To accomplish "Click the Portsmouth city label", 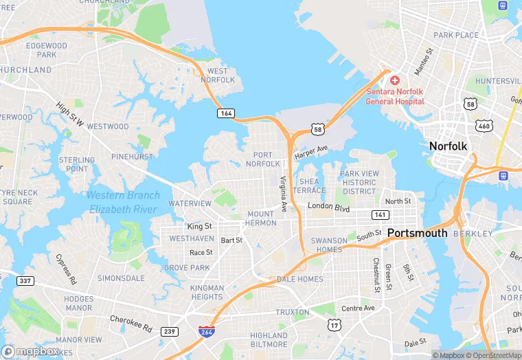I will point(418,233).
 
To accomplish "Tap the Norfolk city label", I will point(448,146).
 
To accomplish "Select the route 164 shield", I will point(225,113).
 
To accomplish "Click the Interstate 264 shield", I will point(205,332).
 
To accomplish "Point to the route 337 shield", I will point(25,281).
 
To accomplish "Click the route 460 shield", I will point(484,126).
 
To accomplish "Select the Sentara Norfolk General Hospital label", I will point(395,96).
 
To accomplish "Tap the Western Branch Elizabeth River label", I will point(124,201).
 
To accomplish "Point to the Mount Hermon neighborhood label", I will point(261,218).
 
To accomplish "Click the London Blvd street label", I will point(328,207).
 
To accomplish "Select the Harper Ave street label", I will point(312,150).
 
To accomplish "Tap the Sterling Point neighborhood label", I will point(77,164).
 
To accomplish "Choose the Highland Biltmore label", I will point(269,340).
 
